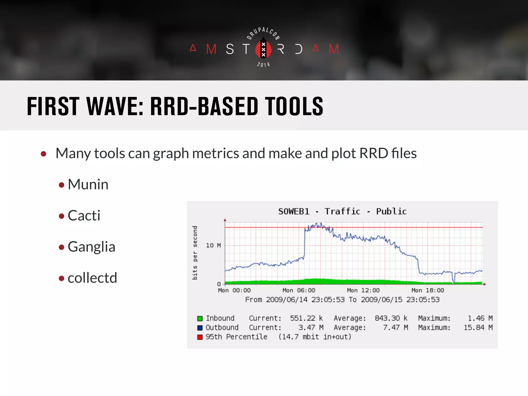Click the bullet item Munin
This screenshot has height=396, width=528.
pyautogui.click(x=88, y=185)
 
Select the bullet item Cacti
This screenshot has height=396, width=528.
pyautogui.click(x=84, y=216)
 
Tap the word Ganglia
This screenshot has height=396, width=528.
pyautogui.click(x=91, y=247)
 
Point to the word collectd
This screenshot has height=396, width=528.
pyautogui.click(x=92, y=278)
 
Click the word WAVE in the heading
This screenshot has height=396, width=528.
pyautogui.click(x=115, y=106)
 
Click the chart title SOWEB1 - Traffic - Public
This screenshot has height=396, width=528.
pyautogui.click(x=342, y=211)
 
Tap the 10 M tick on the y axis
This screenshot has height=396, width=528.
pyautogui.click(x=213, y=245)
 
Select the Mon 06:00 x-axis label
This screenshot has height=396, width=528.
pyautogui.click(x=299, y=290)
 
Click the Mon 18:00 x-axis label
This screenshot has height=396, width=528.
pyautogui.click(x=428, y=290)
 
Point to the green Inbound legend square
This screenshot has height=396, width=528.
pyautogui.click(x=200, y=318)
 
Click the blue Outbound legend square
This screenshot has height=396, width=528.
pyautogui.click(x=200, y=328)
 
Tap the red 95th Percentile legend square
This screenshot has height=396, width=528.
pyautogui.click(x=200, y=337)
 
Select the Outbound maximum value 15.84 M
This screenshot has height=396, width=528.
pyautogui.click(x=478, y=327)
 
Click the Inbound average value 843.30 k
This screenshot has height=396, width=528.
pyautogui.click(x=391, y=318)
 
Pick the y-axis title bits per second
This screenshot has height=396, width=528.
pyautogui.click(x=195, y=253)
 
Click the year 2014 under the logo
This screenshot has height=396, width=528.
pyautogui.click(x=263, y=64)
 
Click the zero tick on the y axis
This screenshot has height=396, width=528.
pyautogui.click(x=219, y=284)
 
